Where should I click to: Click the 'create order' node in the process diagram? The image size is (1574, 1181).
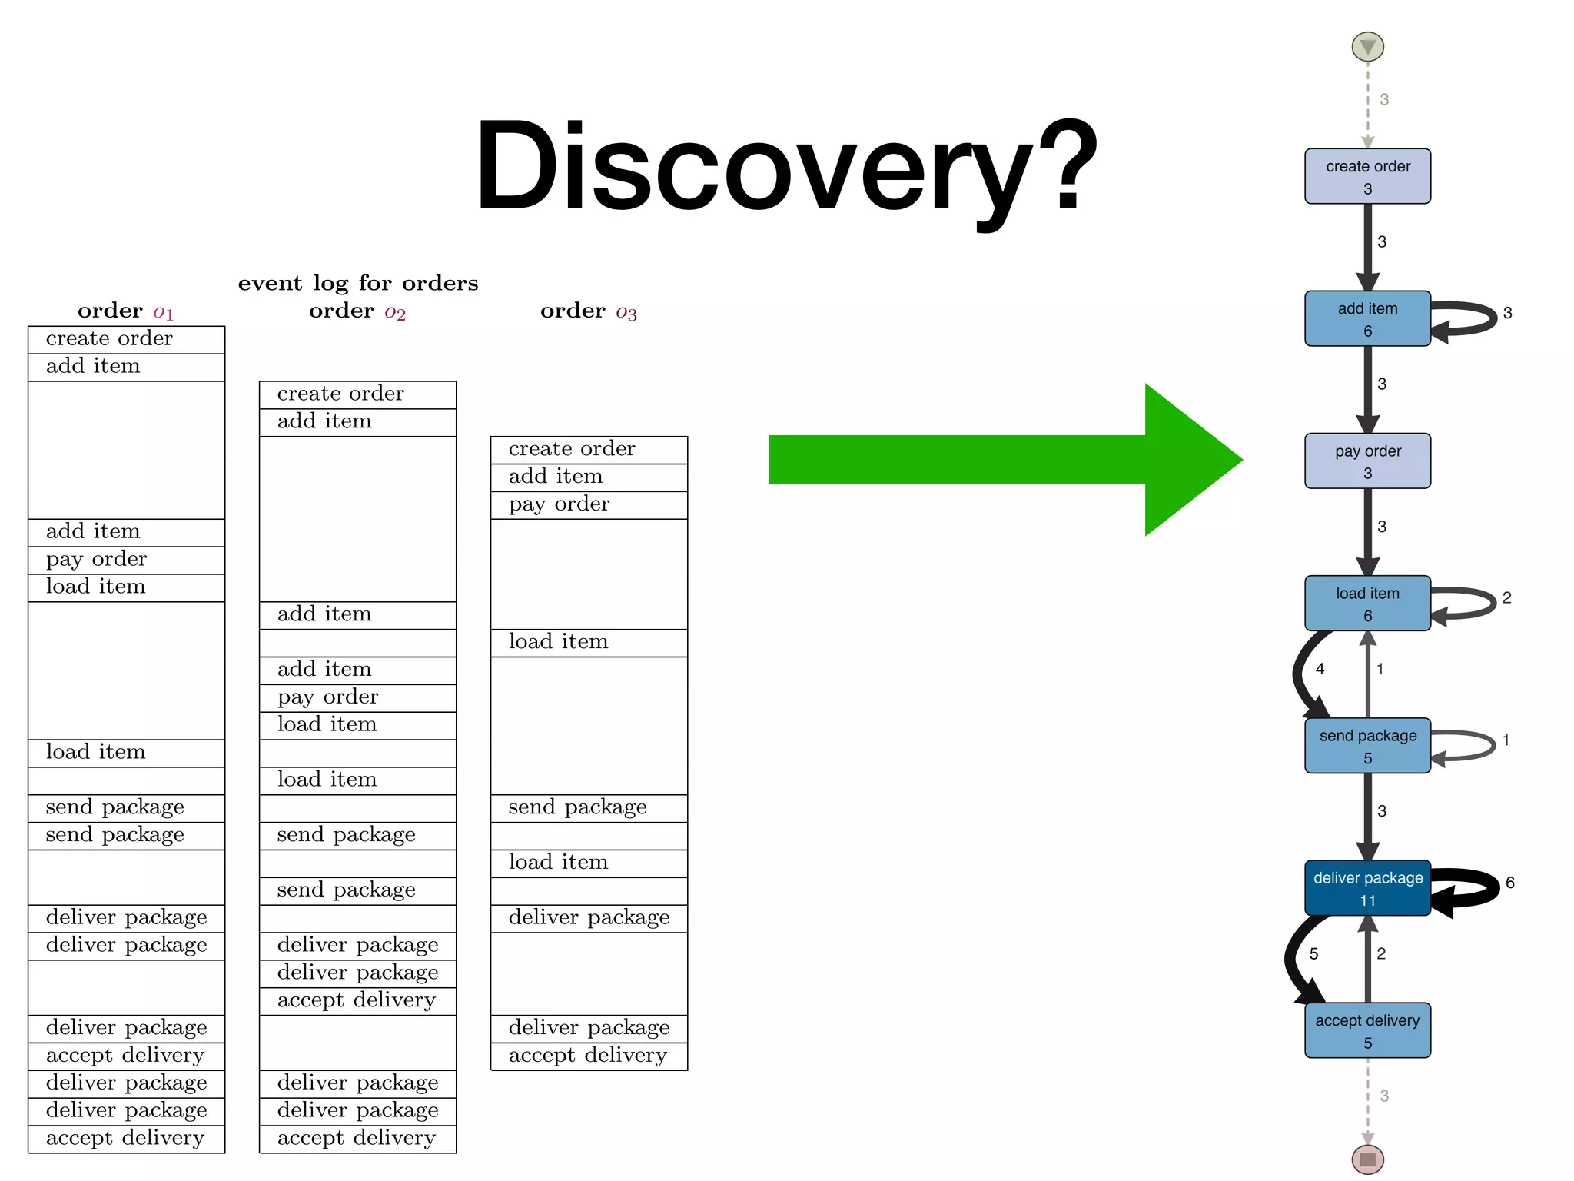[1367, 176]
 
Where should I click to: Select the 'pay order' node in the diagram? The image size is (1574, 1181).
[1367, 461]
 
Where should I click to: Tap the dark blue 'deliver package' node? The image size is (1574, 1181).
[1367, 888]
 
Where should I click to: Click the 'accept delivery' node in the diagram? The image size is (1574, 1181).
[1367, 1030]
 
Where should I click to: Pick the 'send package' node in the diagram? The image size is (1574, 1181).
[1367, 746]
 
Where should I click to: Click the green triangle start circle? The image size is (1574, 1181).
[1367, 47]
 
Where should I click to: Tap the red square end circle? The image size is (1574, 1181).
[1367, 1159]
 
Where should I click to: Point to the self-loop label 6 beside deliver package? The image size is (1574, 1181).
[1509, 883]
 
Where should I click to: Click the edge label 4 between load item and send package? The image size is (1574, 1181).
[1320, 669]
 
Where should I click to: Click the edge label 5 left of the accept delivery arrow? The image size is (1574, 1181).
[1313, 954]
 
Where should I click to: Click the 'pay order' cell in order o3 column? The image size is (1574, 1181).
[589, 504]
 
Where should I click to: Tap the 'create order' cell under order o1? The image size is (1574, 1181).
[126, 339]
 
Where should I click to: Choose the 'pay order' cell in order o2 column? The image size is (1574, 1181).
[357, 697]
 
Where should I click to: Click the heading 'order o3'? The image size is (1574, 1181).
[589, 311]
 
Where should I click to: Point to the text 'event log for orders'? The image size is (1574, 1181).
[357, 284]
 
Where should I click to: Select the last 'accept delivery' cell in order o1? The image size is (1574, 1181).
[126, 1138]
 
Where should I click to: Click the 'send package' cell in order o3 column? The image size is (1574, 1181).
[589, 807]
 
